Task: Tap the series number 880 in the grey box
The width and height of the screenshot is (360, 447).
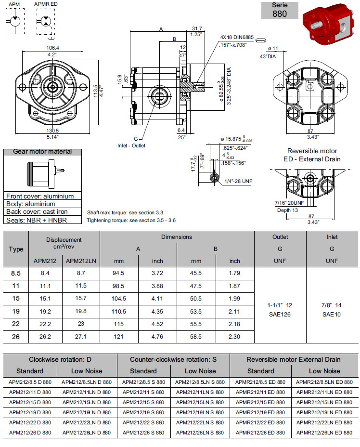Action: [279, 14]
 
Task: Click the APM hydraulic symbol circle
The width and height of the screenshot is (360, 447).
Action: [14, 22]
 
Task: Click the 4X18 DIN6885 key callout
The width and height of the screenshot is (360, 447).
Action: [236, 37]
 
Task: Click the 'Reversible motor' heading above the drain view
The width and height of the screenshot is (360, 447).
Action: [312, 151]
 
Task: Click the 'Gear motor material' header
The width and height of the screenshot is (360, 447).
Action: [42, 152]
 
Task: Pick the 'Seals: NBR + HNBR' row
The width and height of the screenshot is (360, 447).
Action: [37, 220]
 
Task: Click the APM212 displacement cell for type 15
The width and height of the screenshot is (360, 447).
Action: [46, 298]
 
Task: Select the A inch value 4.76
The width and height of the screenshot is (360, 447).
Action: [157, 337]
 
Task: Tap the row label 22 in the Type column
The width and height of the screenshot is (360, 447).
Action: [16, 324]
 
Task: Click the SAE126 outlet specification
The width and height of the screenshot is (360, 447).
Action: [280, 314]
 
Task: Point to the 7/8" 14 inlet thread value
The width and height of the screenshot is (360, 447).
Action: [332, 305]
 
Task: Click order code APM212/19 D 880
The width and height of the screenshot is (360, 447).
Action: [30, 412]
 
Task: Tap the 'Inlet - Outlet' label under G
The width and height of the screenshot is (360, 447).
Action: [130, 145]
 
